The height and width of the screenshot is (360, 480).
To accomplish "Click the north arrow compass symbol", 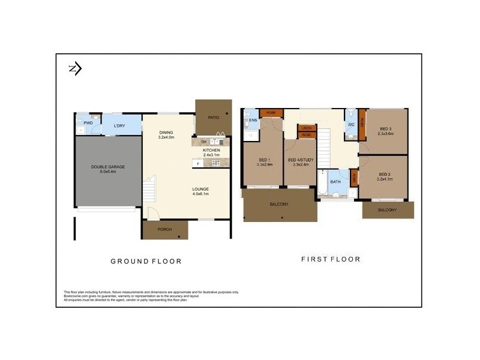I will tap(75, 68).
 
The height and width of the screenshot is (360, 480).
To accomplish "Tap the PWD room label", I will tap(88, 123).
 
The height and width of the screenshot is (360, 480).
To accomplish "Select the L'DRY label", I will tap(119, 125).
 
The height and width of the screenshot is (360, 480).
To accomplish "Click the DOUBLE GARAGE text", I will tap(108, 167).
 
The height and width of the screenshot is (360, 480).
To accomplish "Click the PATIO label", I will tap(213, 118).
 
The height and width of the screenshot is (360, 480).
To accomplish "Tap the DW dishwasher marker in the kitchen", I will tap(204, 142).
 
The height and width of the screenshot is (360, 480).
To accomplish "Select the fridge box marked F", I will tap(197, 163).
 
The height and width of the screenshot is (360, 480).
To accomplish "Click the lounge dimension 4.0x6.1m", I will tap(200, 194).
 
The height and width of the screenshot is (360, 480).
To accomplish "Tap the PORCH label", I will tap(164, 229).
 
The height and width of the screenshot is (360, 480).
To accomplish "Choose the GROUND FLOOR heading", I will tap(146, 261).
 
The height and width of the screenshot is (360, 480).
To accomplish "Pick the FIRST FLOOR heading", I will tap(330, 259).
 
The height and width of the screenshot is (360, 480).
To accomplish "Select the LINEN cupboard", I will tap(307, 128).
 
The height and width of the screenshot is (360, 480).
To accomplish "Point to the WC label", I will tap(351, 125).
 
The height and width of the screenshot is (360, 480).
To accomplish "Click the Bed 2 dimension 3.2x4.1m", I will tap(385, 179).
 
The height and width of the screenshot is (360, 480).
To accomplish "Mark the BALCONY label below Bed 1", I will tap(279, 205).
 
